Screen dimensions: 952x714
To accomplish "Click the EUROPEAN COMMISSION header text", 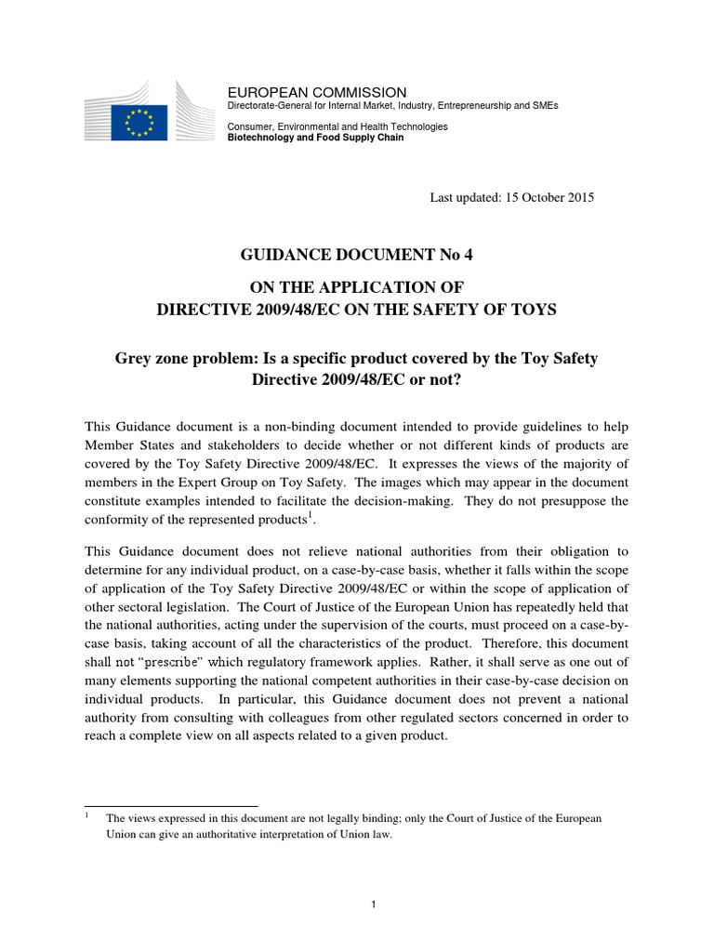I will point(317,92).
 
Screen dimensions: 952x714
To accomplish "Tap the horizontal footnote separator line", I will point(171,806).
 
